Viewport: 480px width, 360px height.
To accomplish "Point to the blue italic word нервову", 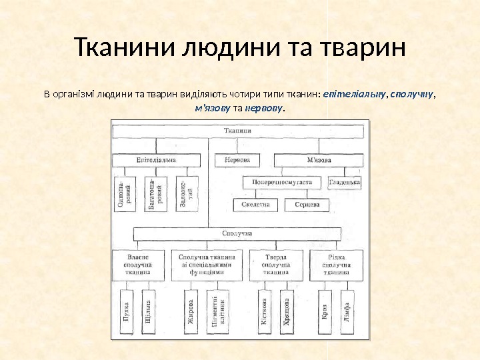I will coord(264,107).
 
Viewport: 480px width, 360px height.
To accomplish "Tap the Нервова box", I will coord(238,160).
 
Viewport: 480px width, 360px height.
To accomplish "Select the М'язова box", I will coord(318,160).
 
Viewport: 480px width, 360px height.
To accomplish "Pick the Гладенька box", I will coord(345,181).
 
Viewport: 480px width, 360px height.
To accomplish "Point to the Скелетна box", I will coord(255,205).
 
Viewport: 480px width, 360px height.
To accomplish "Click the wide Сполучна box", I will coord(238,233).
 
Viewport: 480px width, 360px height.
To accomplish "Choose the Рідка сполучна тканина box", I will coord(337,264).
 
